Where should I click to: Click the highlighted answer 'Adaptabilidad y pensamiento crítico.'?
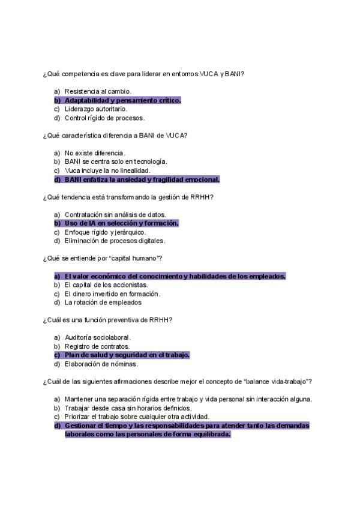pos(122,100)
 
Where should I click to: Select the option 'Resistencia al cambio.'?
pos(98,91)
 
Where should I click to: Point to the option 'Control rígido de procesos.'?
pos(104,118)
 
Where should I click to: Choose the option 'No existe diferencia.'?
pos(95,153)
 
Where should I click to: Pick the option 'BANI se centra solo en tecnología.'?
pos(116,161)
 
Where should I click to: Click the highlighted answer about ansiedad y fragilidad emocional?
pos(142,179)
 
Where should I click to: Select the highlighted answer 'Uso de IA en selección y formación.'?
pos(122,223)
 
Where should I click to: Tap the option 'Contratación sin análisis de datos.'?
pos(115,214)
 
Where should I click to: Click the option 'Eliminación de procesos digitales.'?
pos(115,241)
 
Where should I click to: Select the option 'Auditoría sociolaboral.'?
pos(98,337)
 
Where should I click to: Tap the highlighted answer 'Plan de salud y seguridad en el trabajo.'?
pos(127,355)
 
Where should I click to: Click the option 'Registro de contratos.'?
pos(97,346)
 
